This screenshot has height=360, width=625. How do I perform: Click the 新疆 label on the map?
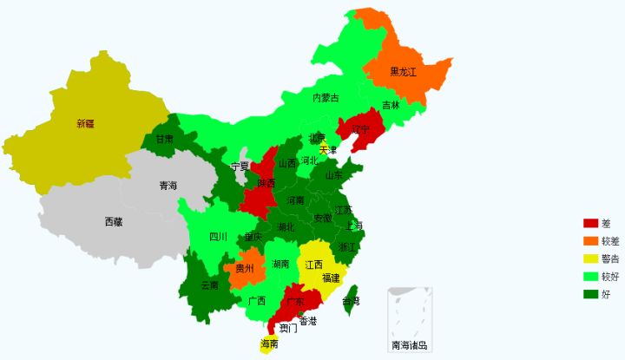coord(84,123)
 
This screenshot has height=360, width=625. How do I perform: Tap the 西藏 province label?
coord(114,221)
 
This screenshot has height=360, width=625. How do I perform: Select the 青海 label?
coord(168,185)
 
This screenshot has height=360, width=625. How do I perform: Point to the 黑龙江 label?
coord(403,72)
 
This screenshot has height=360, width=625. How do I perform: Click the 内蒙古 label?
coord(326,97)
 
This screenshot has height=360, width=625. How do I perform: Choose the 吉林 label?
coord(391,105)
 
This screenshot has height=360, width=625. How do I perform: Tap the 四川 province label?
coord(218,236)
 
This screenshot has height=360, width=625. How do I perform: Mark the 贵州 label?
coord(245,269)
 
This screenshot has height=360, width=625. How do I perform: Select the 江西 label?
coord(313,264)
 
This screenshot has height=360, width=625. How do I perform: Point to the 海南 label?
coord(269,344)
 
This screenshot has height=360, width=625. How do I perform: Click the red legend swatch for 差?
coord(590,223)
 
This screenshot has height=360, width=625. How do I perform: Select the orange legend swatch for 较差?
coord(590,240)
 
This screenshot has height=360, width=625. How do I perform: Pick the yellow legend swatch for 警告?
coord(590,259)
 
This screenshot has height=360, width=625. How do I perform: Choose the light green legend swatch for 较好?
coord(590,276)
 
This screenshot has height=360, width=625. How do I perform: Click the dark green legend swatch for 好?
coord(590,294)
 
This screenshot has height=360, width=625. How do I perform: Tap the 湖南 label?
coord(280,263)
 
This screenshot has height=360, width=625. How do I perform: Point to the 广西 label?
coord(256,301)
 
